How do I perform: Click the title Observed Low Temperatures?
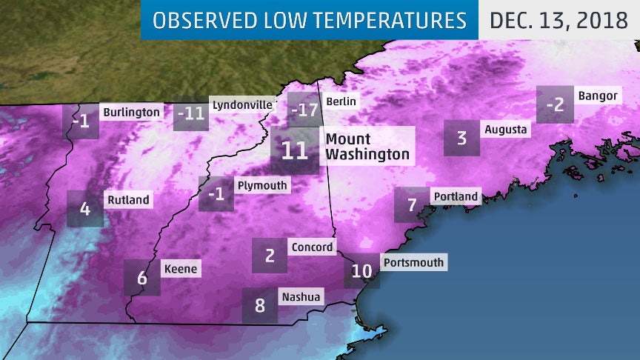(x=310, y=19)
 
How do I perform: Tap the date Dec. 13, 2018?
(x=559, y=19)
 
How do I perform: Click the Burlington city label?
(x=130, y=113)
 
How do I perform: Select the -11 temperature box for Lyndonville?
(x=191, y=114)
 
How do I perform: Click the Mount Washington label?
(x=367, y=147)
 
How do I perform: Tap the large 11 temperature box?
(x=295, y=150)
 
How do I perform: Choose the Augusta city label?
(x=505, y=130)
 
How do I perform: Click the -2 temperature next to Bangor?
(x=555, y=104)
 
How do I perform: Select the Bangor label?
(x=597, y=96)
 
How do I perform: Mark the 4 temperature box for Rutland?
(x=84, y=209)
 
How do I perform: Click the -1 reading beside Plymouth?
(x=216, y=194)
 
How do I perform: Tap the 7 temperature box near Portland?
(x=412, y=205)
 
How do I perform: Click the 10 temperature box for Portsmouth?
(x=361, y=271)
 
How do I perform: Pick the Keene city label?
(x=180, y=269)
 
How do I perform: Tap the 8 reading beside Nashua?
(x=260, y=305)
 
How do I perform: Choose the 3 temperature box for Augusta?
(x=461, y=138)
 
